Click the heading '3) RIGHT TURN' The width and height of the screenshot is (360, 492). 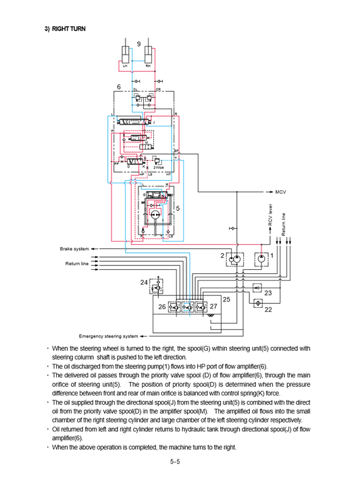click(65, 29)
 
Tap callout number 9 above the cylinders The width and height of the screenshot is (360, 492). click(138, 43)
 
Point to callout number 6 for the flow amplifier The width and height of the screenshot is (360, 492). click(119, 87)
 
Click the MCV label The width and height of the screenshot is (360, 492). click(281, 191)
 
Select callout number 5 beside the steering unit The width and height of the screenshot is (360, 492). click(178, 209)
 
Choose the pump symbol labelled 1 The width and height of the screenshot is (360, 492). click(261, 258)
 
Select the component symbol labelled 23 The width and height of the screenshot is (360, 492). click(257, 288)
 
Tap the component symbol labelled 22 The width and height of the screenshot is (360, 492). click(257, 304)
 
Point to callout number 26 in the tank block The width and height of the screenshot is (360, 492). click(162, 307)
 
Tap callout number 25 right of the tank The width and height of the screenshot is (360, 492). click(226, 298)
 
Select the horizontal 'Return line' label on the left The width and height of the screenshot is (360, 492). click(76, 264)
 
